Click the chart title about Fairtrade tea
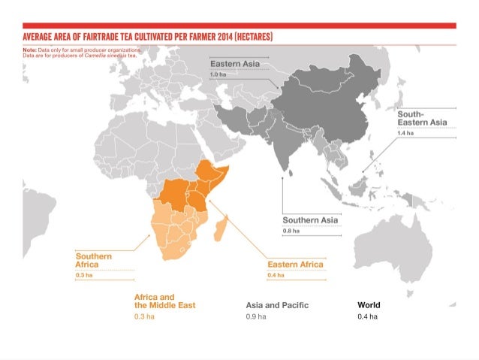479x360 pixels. point(147,37)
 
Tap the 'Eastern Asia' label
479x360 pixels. point(234,64)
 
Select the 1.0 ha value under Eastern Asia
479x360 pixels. point(218,75)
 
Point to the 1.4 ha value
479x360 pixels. point(405,133)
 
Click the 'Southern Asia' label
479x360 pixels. point(309,219)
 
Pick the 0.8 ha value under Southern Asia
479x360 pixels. point(291,231)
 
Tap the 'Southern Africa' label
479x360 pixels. point(94,261)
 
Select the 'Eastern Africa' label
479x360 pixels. point(295,265)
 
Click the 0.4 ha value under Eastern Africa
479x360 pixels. point(276,276)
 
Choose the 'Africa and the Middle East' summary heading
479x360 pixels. point(164,301)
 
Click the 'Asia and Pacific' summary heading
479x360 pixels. point(277,306)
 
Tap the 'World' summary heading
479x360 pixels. point(369,306)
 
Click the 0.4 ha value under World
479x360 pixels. point(366,317)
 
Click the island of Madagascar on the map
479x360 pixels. point(220,227)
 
